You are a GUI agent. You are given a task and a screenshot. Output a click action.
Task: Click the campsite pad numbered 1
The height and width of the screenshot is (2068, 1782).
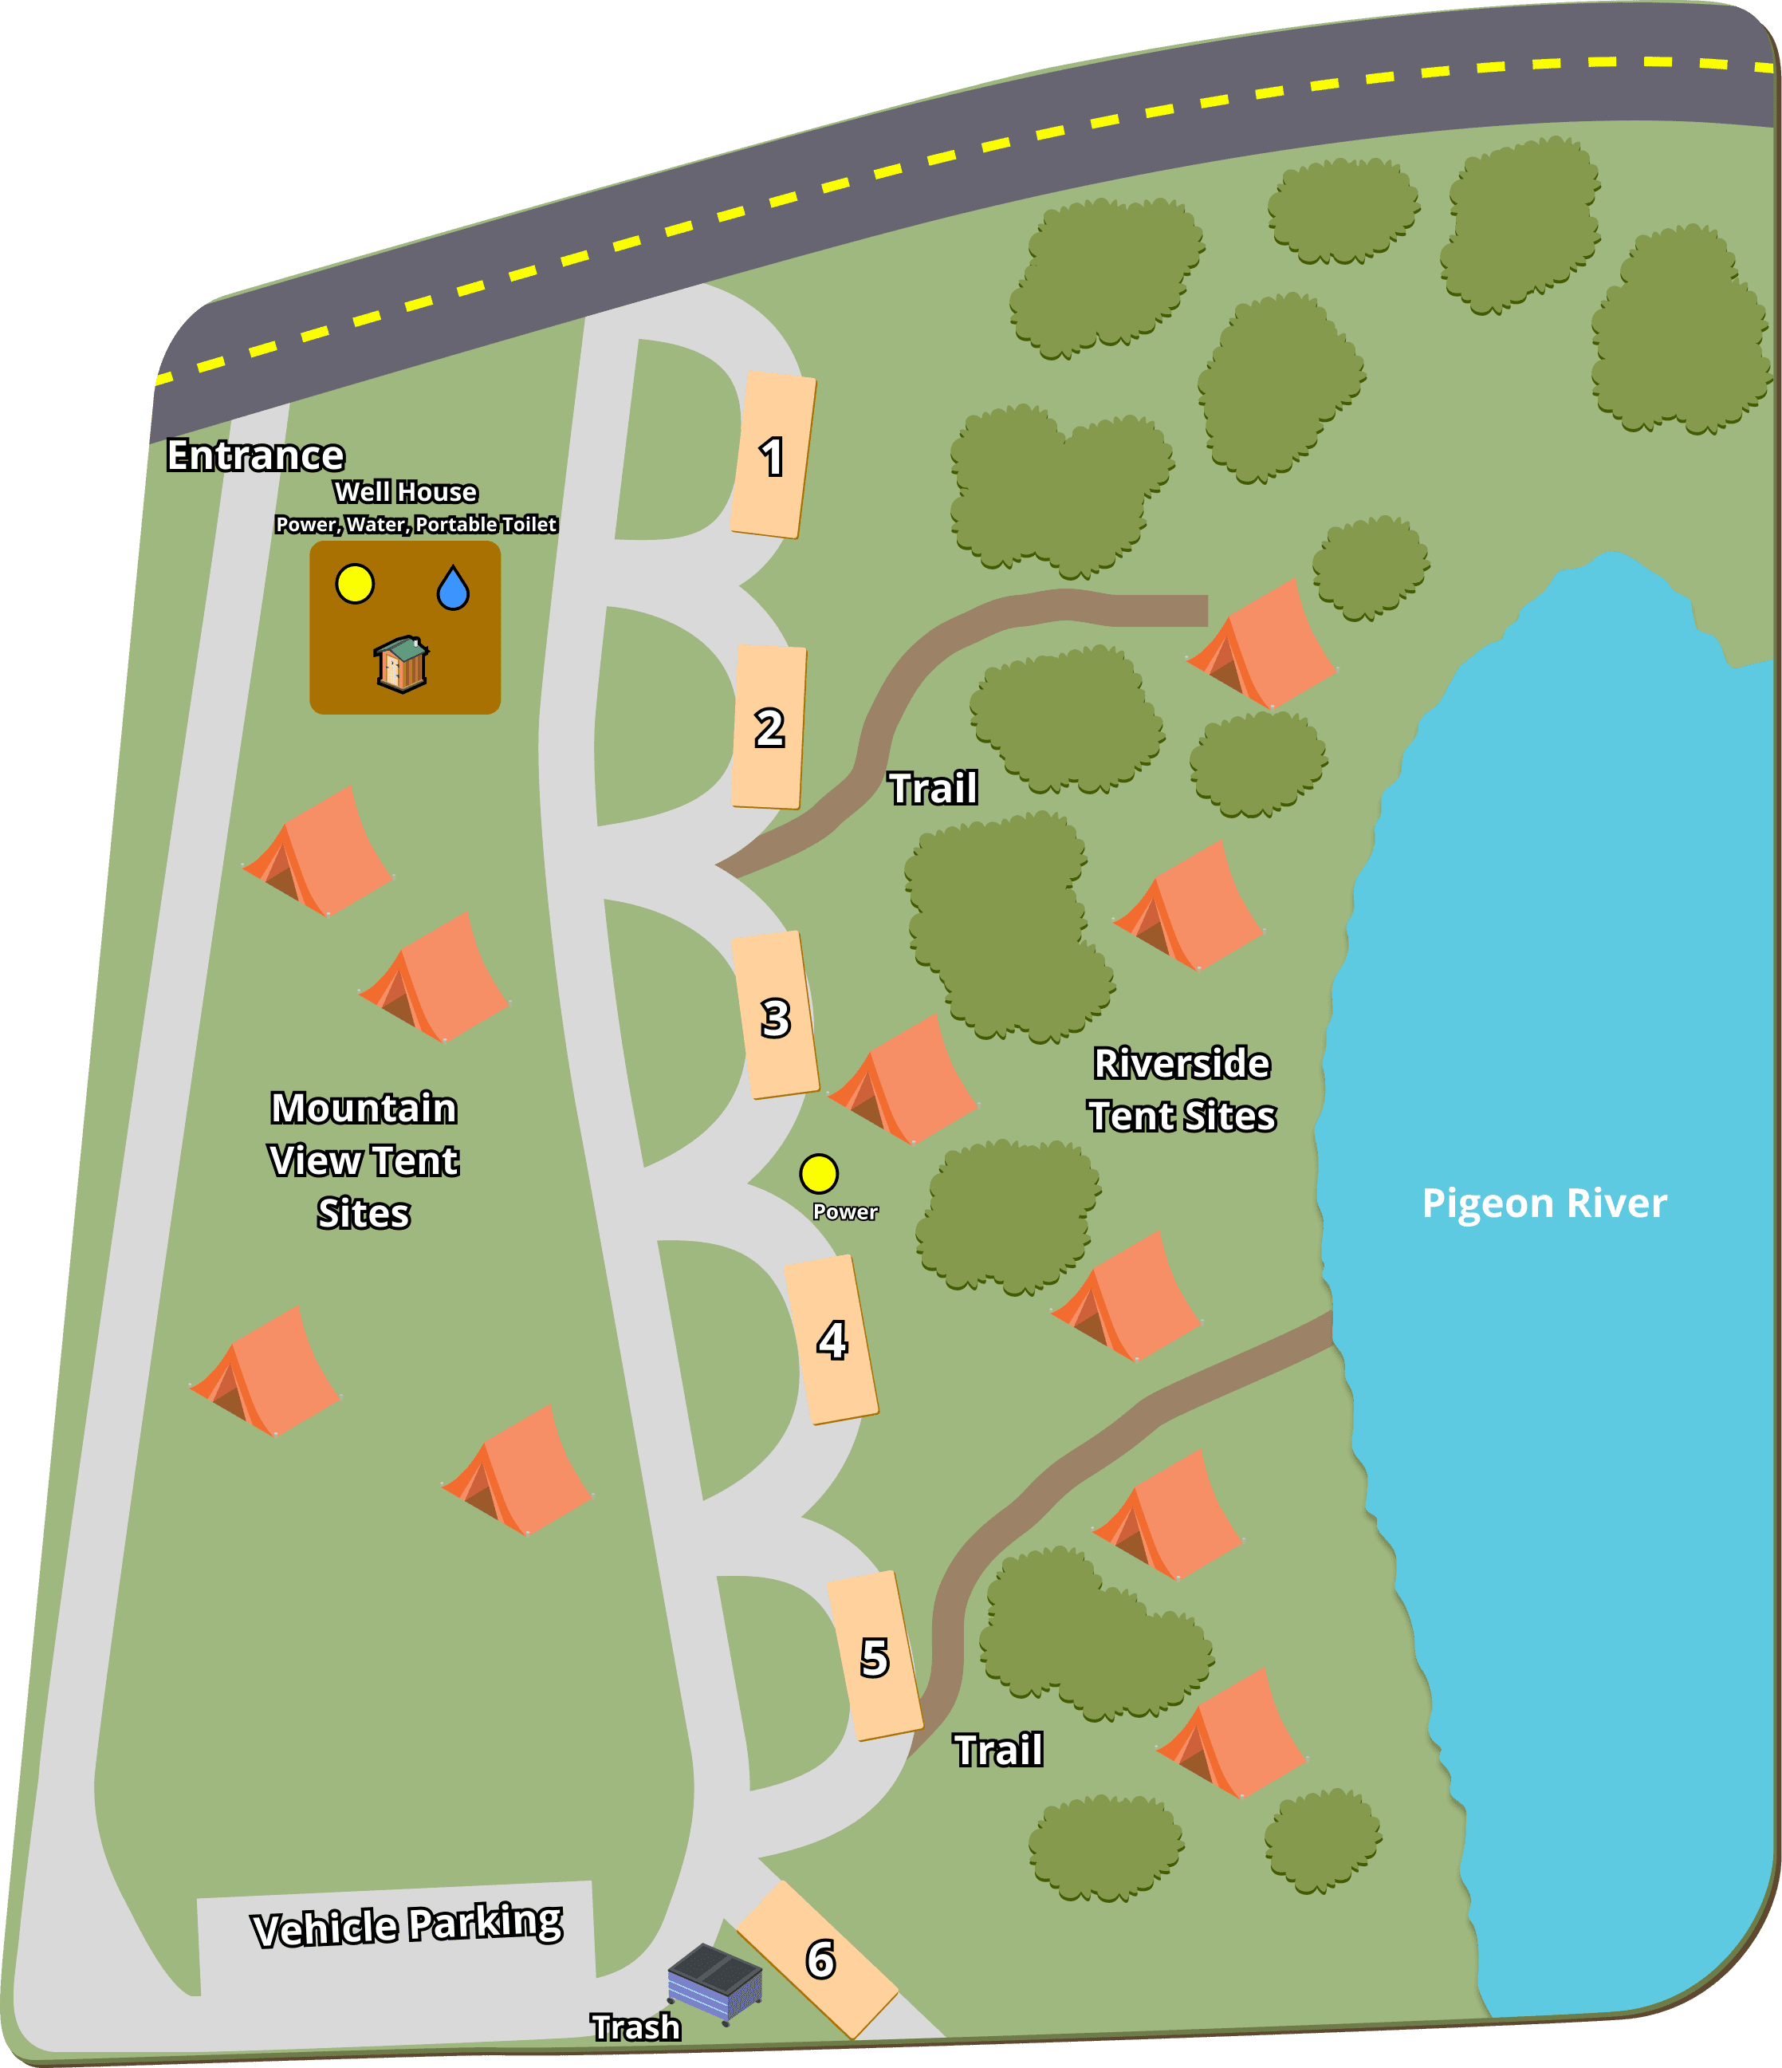coord(773,455)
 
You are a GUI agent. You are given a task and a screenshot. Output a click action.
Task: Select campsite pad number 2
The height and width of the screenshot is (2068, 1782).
coord(769,727)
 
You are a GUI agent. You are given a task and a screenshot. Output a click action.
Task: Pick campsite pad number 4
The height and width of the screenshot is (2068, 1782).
coord(831,1339)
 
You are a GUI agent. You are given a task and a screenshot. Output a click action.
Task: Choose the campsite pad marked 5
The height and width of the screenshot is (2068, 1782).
coord(874,1656)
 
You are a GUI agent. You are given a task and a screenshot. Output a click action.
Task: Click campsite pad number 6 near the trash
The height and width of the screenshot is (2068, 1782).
coord(818,1958)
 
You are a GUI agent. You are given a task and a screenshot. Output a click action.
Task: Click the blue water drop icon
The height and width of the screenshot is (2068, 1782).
coord(453,588)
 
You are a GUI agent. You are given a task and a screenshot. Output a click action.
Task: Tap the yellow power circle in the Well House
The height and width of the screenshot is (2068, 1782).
coord(354,584)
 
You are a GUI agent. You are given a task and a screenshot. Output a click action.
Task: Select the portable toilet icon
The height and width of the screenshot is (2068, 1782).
coord(401,664)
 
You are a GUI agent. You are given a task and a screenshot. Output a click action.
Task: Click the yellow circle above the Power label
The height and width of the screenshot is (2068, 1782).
coord(818,1174)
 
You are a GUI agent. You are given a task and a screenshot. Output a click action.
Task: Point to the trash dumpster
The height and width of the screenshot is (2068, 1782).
coord(714,1981)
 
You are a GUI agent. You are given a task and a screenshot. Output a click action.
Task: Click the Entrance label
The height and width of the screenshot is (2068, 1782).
coord(255,455)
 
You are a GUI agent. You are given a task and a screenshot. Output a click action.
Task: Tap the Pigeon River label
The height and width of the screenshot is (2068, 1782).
coord(1544,1203)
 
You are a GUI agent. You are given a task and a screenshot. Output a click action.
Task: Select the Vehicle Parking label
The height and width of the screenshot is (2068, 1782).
coord(407,1925)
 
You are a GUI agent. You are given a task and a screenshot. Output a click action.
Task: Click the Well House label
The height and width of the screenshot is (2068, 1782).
coord(405,492)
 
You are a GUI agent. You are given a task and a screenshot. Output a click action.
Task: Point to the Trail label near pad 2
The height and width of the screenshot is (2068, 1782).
coord(933,789)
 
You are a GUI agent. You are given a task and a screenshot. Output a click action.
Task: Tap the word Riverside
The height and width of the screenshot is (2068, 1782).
coord(1182,1064)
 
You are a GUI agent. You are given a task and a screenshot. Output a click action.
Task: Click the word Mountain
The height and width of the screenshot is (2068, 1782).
coord(364,1108)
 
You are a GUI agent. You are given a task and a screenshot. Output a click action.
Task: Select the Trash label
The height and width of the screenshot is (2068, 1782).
coord(635,2027)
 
